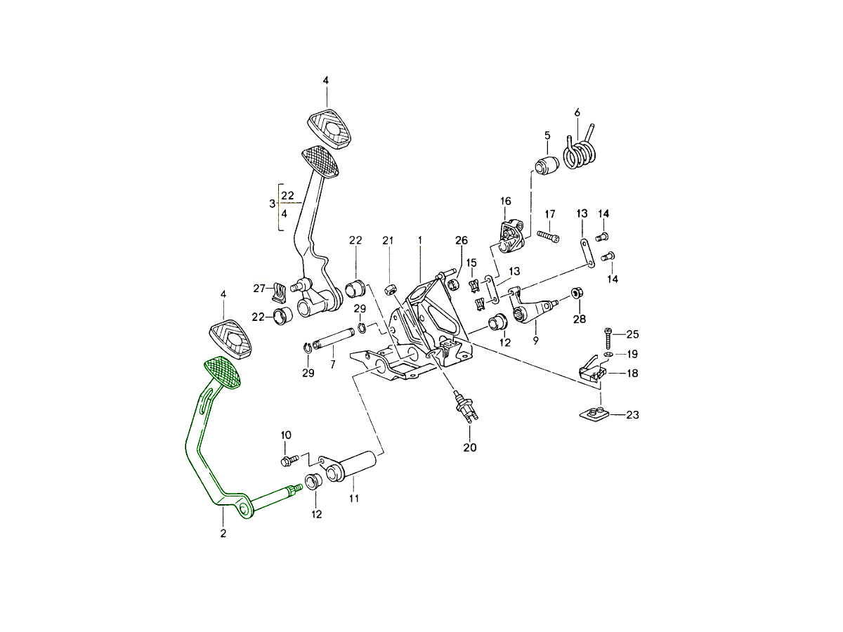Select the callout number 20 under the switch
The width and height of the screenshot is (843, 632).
pyautogui.click(x=469, y=447)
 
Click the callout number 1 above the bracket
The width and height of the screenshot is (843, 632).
pyautogui.click(x=419, y=240)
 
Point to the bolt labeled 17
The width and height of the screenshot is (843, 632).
pyautogui.click(x=548, y=236)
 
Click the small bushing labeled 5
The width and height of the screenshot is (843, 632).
pyautogui.click(x=545, y=166)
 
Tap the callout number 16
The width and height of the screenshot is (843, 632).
pyautogui.click(x=506, y=201)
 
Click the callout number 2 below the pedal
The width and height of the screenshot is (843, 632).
pyautogui.click(x=223, y=534)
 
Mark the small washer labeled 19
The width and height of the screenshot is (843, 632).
pyautogui.click(x=608, y=355)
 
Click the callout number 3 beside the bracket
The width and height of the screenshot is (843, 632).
pyautogui.click(x=273, y=204)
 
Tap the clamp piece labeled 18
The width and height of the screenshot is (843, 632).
pyautogui.click(x=592, y=372)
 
